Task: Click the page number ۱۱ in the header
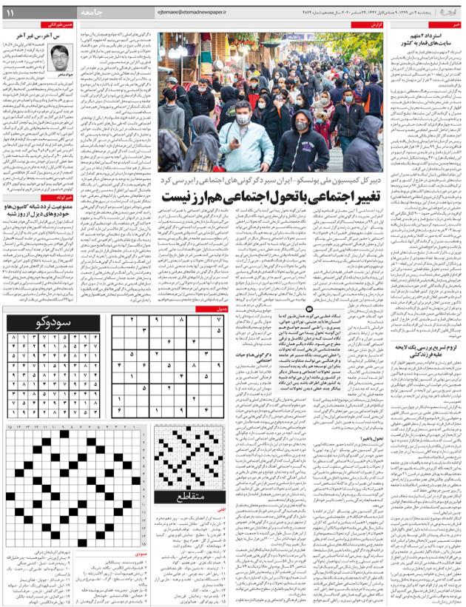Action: coord(10,13)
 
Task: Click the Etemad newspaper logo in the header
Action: coord(448,13)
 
